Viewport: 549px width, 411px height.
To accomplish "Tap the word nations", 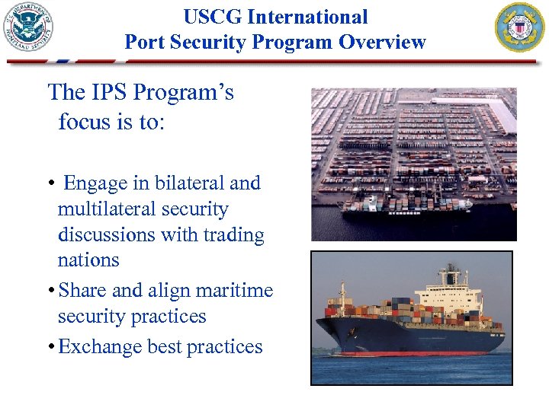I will coord(88,260).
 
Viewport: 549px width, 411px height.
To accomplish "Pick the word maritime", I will coord(234,291).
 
